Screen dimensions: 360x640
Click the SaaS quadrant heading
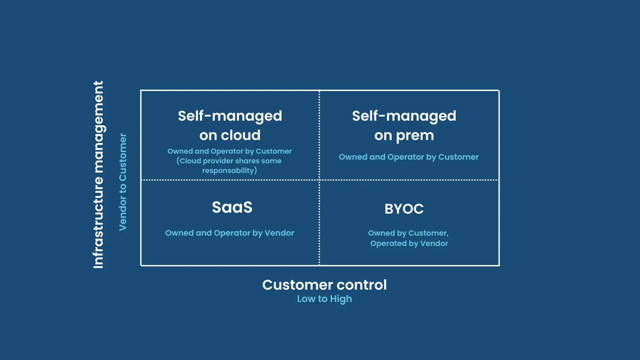232,207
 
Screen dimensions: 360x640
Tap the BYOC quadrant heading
404,209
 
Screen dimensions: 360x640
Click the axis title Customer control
324,285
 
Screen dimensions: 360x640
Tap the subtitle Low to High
324,299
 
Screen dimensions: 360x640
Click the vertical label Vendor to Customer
123,182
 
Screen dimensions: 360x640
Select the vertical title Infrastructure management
98,175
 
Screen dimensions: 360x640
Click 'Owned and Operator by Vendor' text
230,233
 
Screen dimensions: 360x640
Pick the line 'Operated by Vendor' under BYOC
409,244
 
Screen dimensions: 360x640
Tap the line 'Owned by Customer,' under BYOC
408,233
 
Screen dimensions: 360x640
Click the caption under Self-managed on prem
409,157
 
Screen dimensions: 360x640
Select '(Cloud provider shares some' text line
229,161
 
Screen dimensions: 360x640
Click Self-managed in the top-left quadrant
230,116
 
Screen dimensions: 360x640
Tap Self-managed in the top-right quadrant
404,116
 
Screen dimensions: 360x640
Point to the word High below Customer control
341,299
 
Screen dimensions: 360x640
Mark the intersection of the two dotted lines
319,180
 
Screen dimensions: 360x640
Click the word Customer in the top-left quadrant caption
274,151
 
